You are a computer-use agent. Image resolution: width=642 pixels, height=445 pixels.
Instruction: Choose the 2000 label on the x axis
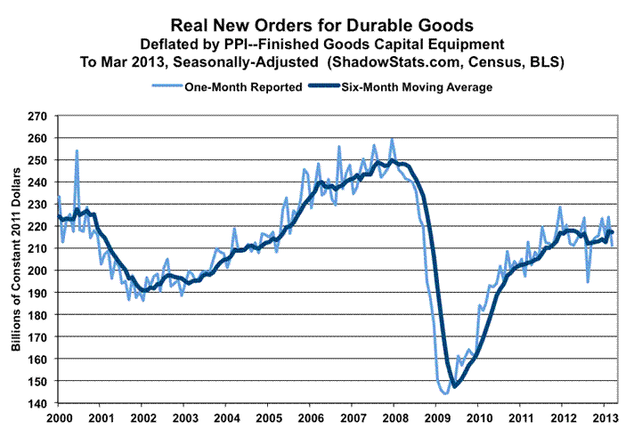(x=58, y=417)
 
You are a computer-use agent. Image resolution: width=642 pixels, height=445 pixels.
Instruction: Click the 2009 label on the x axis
(x=435, y=417)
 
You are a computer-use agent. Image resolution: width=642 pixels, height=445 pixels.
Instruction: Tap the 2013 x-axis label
(x=602, y=417)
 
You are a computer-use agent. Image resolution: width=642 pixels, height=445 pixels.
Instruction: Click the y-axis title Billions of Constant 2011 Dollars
(x=17, y=259)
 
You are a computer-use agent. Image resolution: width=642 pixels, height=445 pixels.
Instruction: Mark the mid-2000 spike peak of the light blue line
(x=77, y=150)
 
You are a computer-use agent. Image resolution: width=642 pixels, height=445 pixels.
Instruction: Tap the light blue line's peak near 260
(x=392, y=139)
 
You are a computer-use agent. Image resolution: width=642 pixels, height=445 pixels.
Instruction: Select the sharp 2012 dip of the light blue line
(x=588, y=281)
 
